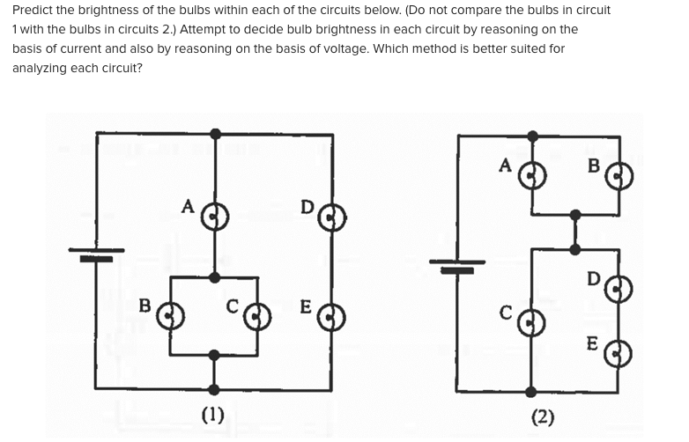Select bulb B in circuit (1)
(171, 314)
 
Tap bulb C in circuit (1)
(256, 314)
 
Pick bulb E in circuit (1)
(331, 315)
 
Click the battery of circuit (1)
(96, 255)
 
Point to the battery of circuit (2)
(457, 266)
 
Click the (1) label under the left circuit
(213, 414)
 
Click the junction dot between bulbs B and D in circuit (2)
(575, 214)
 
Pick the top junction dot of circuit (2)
(532, 136)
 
